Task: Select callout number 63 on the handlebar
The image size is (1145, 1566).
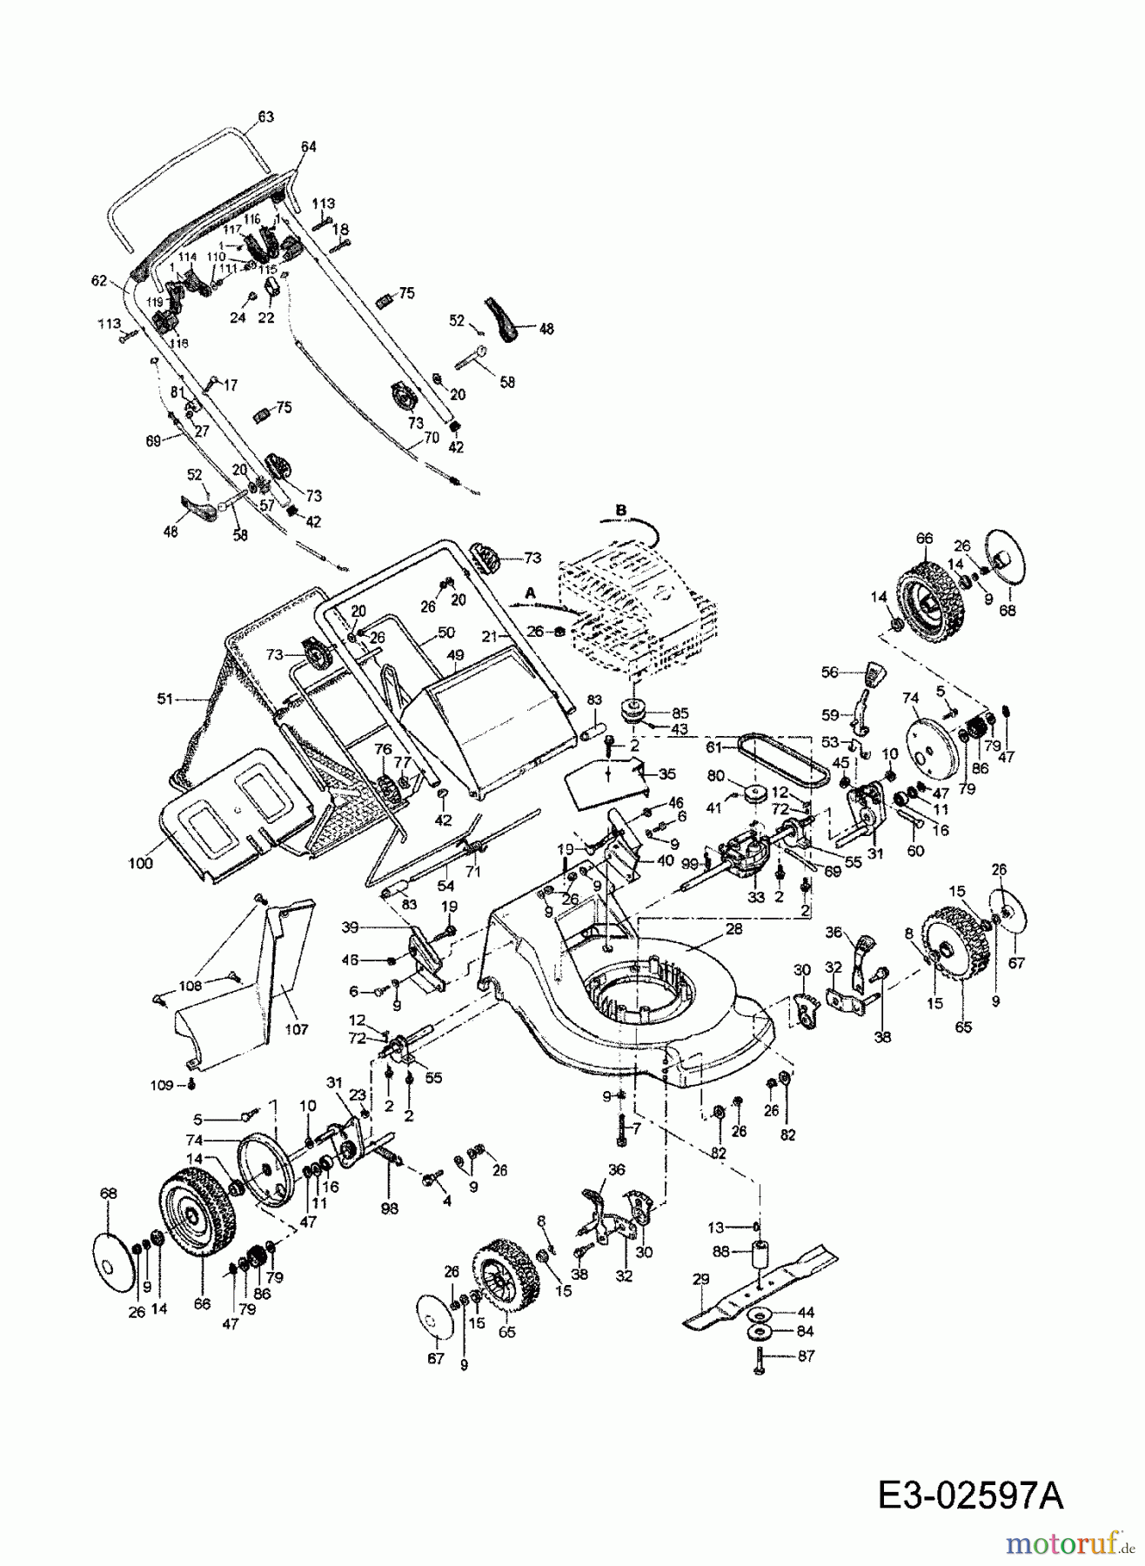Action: [265, 117]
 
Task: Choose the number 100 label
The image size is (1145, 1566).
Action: [140, 863]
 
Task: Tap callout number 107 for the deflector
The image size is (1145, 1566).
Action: [297, 1029]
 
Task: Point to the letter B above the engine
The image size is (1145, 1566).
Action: [620, 509]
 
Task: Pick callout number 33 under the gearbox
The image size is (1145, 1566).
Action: [756, 897]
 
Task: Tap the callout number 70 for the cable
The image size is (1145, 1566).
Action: [431, 439]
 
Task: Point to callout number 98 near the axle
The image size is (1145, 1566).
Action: [389, 1208]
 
